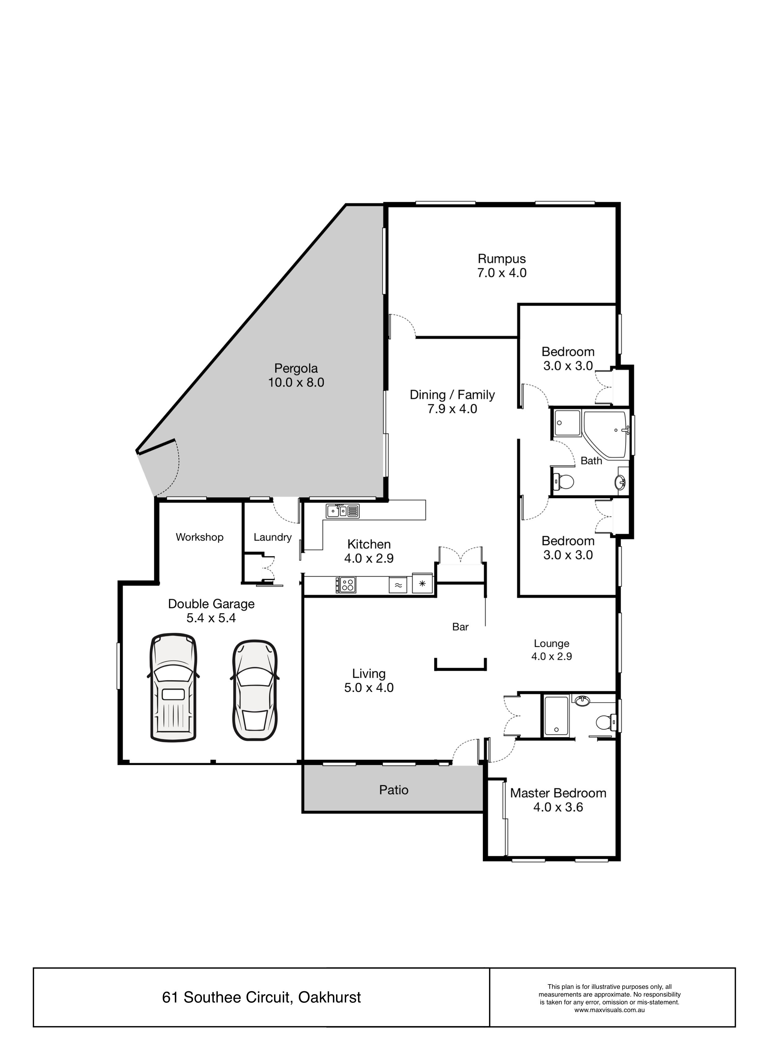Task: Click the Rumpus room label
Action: (x=502, y=259)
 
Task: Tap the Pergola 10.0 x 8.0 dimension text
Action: (x=296, y=383)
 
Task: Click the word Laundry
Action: (x=272, y=538)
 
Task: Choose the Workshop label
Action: (x=200, y=537)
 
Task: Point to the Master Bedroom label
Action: (x=558, y=793)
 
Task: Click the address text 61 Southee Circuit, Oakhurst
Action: (x=261, y=998)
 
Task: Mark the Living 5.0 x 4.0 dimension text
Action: (x=369, y=688)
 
